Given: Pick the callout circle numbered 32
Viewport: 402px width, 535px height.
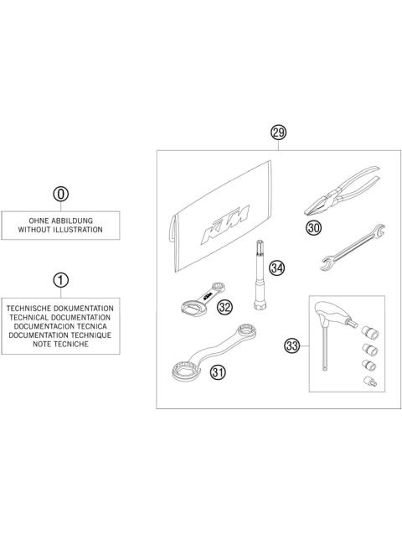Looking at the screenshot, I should pyautogui.click(x=224, y=308).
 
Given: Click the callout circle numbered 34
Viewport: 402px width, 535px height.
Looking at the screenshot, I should pyautogui.click(x=276, y=267).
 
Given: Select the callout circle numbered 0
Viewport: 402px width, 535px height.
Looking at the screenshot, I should pyautogui.click(x=60, y=194).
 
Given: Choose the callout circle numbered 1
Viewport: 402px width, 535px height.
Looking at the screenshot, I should pyautogui.click(x=60, y=279).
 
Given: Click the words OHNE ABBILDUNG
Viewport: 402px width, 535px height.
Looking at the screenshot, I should pyautogui.click(x=60, y=220).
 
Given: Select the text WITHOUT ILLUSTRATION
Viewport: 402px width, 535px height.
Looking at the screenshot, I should pyautogui.click(x=60, y=229).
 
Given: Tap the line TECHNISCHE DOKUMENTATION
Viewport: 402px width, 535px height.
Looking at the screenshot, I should pyautogui.click(x=60, y=309).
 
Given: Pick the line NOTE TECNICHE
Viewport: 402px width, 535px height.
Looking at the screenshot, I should pyautogui.click(x=60, y=343).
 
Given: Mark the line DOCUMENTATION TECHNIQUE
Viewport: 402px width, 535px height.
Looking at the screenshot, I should pyautogui.click(x=60, y=335).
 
